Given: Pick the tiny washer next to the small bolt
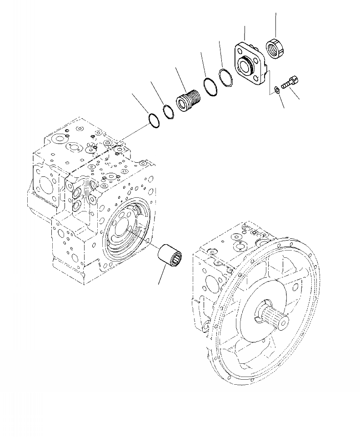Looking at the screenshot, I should point(276,90).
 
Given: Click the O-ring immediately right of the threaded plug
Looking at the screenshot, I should point(210,86).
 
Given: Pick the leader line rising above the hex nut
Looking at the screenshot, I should point(275,25).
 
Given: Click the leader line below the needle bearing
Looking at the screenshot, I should point(162,276).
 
